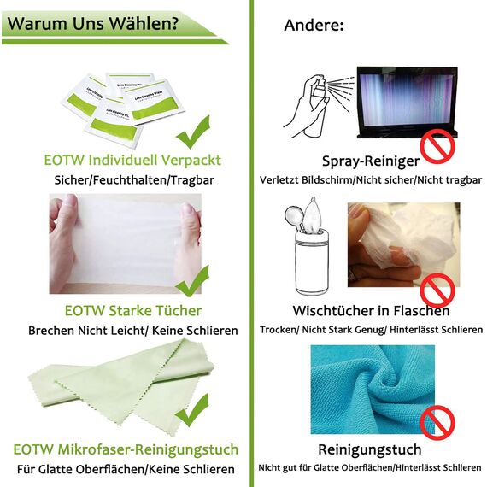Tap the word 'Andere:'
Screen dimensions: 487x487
[314, 26]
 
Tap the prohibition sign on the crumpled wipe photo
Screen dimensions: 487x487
[437, 289]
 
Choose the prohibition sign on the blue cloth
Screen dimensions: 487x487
[437, 421]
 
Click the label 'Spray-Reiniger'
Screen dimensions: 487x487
[370, 161]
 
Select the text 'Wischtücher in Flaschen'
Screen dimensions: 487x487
[371, 309]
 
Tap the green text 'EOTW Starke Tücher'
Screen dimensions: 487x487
[132, 311]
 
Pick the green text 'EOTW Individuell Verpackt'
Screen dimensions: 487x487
[132, 160]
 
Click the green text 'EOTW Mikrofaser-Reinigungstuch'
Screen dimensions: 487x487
[126, 449]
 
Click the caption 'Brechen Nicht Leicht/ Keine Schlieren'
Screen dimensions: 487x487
[132, 330]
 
